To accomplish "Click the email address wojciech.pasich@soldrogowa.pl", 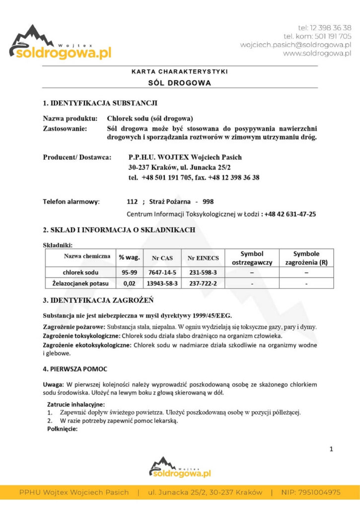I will click(295, 45).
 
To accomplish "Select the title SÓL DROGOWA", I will click(180, 83).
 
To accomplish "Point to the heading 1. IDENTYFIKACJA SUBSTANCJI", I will click(100, 104).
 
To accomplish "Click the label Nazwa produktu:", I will click(70, 119).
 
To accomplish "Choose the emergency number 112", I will click(132, 202).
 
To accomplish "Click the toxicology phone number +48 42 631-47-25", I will click(290, 214).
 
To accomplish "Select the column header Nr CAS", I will click(162, 257).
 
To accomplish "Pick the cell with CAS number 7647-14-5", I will click(162, 272).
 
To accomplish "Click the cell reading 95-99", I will click(129, 272).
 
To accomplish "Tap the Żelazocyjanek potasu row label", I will click(80, 283).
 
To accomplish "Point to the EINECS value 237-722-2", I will click(203, 283).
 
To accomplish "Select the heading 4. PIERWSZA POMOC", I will click(75, 369).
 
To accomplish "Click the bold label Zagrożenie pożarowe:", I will click(74, 327).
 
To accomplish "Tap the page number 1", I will click(331, 449).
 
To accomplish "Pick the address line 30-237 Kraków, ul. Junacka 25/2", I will click(179, 167).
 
